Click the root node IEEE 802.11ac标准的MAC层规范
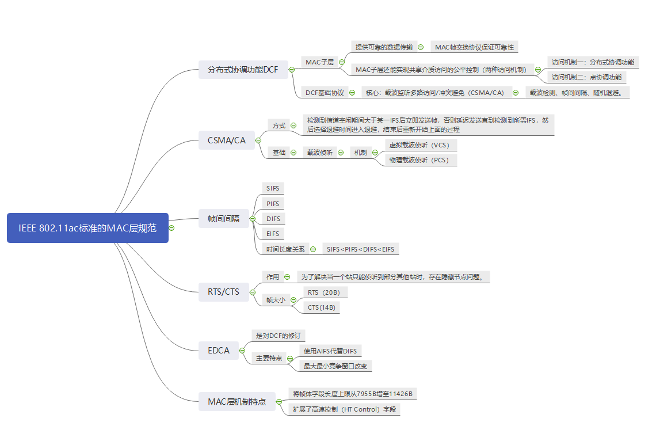[87, 228]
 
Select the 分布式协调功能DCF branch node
[243, 70]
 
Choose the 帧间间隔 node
[223, 219]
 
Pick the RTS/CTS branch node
[223, 292]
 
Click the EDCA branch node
[219, 350]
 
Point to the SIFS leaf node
[273, 188]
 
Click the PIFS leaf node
[273, 203]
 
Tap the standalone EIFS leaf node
[273, 234]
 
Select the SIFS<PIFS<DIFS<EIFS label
[360, 249]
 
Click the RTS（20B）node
[324, 292]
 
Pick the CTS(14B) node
[321, 307]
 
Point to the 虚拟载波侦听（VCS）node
[419, 145]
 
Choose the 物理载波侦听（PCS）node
[419, 160]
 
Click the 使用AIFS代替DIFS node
[330, 351]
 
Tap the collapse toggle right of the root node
[171, 228]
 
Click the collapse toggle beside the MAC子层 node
[342, 62]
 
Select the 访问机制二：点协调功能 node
[586, 77]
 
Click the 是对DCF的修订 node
[279, 336]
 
